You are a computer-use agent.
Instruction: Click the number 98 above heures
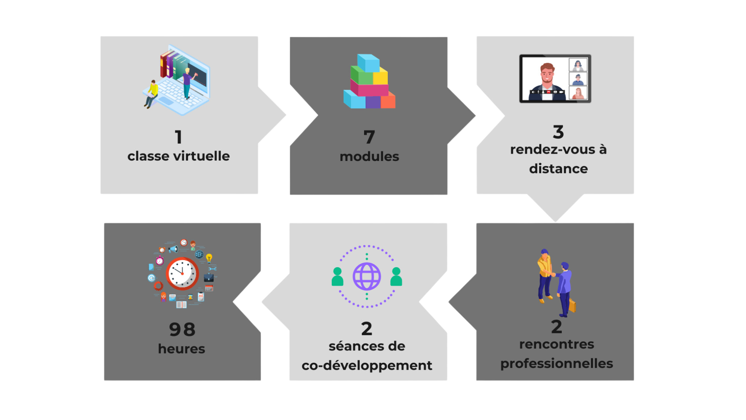point(182,329)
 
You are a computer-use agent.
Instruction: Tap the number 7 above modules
point(369,137)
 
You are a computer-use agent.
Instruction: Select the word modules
point(369,156)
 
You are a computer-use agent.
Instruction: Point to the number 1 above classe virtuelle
point(178,137)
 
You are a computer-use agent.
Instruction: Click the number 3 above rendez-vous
point(558,132)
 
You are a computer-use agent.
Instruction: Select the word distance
point(558,168)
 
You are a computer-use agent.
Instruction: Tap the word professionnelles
point(556,364)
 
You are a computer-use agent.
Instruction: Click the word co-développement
point(367,366)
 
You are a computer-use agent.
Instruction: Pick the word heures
point(181,349)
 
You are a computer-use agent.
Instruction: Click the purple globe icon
point(367,276)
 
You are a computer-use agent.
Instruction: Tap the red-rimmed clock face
point(182,273)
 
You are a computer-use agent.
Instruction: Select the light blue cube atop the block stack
point(368,63)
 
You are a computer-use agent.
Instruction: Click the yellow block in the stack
point(380,76)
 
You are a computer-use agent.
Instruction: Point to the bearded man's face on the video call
point(547,74)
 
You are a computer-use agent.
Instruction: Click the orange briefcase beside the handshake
point(572,305)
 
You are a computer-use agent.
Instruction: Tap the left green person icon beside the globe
point(337,276)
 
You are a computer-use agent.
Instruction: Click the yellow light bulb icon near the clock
point(209,258)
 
